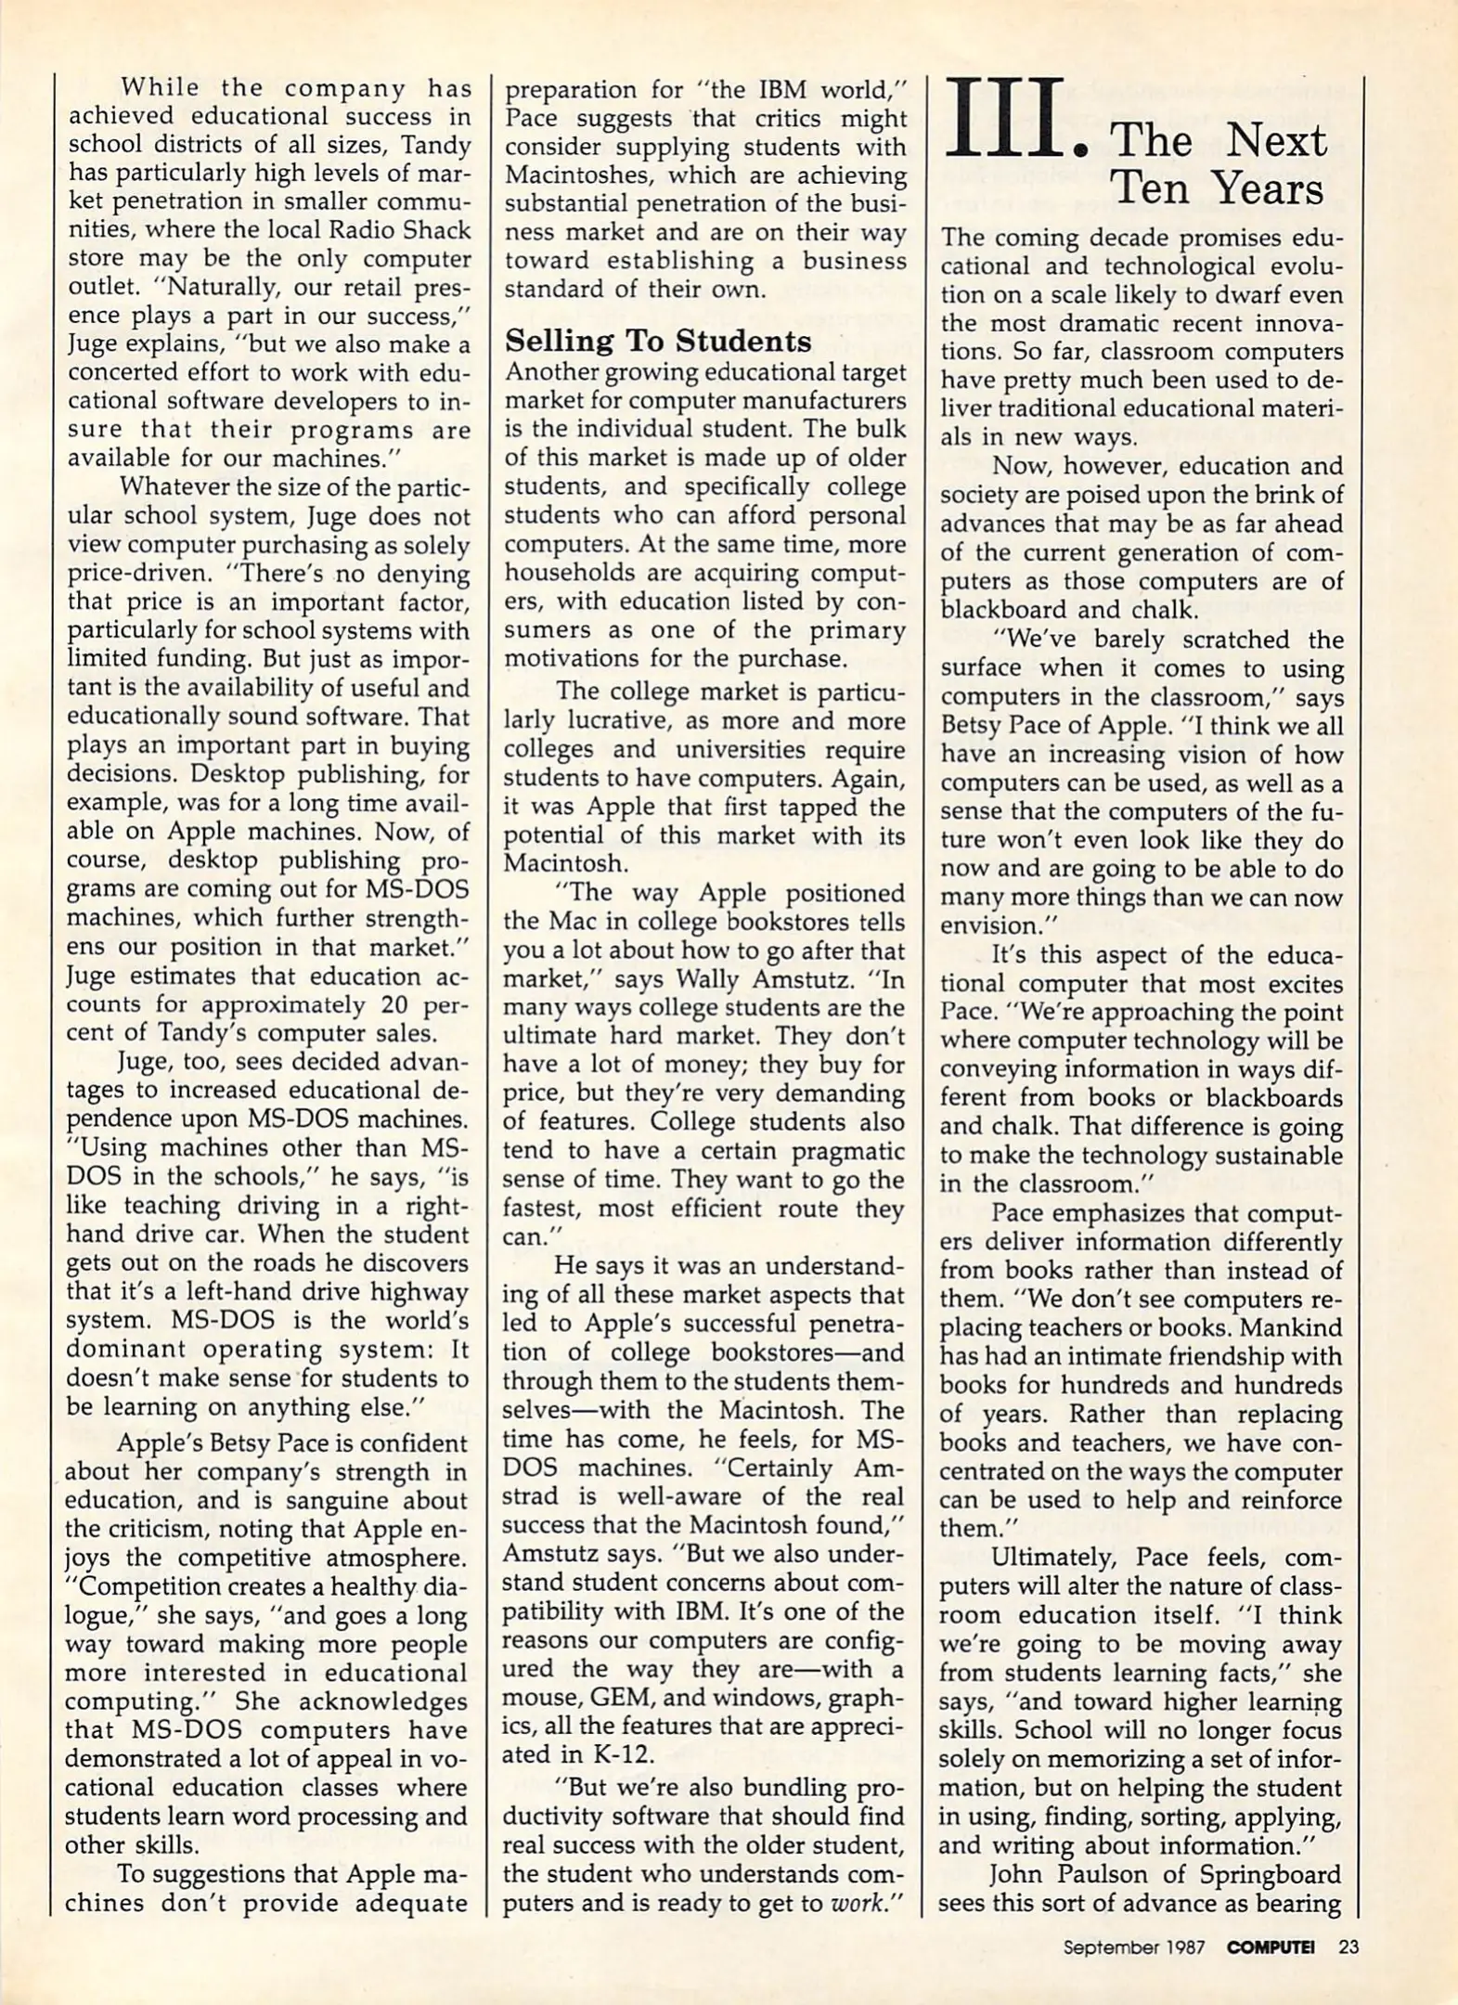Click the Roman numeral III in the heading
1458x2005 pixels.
pos(1002,121)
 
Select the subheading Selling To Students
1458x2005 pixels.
pos(657,342)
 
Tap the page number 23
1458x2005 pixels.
pos(1348,1947)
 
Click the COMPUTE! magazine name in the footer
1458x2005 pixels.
pos(1271,1947)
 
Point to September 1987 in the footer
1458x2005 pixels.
pos(1134,1947)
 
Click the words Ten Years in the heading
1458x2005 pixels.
pos(1217,190)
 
